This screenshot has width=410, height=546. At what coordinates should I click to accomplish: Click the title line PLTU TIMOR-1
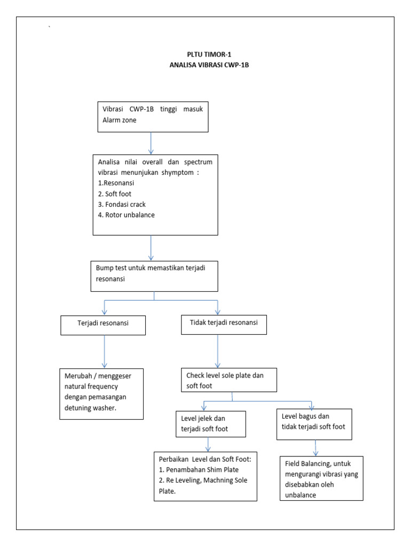click(205, 54)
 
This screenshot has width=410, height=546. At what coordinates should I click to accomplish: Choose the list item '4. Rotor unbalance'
click(126, 215)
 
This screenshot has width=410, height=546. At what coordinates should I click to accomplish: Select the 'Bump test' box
click(154, 276)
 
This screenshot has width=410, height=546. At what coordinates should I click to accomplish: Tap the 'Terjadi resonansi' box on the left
click(103, 324)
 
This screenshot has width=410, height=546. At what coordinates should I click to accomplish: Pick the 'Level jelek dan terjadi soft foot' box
click(211, 424)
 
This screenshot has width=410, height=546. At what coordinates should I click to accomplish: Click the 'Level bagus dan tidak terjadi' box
click(314, 424)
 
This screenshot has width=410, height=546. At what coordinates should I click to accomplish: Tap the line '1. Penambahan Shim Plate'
click(199, 470)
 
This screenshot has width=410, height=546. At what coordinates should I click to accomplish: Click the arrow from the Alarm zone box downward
click(152, 143)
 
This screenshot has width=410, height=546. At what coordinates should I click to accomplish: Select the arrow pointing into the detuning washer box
click(104, 352)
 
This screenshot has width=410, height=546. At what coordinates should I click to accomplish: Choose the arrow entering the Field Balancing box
click(316, 448)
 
